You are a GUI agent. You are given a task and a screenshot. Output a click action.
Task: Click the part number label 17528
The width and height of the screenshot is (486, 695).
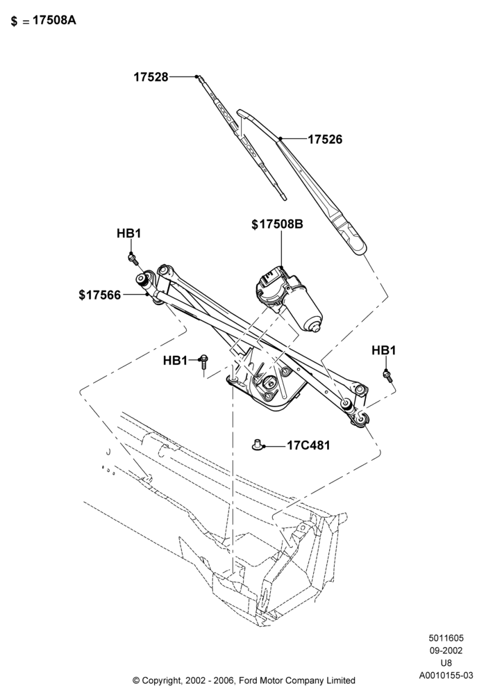pos(151,77)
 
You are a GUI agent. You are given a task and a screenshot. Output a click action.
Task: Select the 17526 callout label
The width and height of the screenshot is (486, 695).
pos(326,139)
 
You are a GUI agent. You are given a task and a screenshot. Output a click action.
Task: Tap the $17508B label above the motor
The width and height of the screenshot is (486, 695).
pos(278,224)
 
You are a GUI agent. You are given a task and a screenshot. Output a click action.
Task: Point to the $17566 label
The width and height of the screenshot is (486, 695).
pos(99,295)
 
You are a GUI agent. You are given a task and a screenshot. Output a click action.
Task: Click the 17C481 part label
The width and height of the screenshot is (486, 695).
pos(308,445)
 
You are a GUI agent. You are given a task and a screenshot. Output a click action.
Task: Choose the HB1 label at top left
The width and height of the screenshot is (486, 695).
pos(129,233)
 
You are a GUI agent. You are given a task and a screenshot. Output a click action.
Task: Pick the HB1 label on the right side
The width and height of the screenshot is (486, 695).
pos(384,350)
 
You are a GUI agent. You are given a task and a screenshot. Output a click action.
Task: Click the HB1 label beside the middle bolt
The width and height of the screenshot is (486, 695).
pos(175,361)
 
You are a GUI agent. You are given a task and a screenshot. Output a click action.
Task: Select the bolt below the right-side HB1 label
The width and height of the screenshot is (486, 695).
pos(388,376)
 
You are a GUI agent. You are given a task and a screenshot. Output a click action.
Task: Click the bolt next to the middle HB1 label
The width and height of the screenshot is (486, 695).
pos(203,361)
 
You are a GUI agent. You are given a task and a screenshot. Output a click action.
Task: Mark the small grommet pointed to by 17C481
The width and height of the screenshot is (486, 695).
pos(257,445)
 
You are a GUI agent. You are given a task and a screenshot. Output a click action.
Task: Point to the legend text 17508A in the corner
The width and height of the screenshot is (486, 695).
pos(54,20)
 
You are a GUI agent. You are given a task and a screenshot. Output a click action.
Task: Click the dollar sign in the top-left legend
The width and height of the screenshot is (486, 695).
pos(14,22)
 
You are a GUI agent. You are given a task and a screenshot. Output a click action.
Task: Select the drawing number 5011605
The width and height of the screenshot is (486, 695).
pos(446,638)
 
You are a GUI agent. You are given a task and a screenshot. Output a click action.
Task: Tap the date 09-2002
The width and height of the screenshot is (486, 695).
pos(446,651)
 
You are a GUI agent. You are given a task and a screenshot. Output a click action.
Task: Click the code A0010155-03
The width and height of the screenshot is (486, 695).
pos(446,676)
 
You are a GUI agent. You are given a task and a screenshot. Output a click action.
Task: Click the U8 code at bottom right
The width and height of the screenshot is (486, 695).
pos(446,663)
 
